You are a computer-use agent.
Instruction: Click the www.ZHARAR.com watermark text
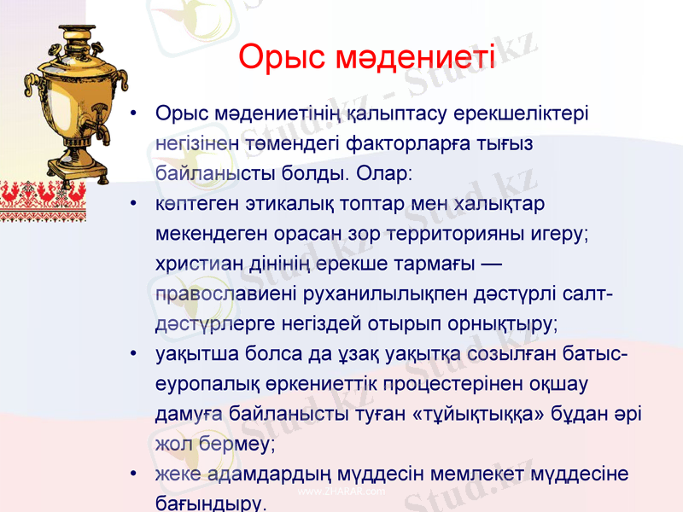(x=341, y=492)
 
